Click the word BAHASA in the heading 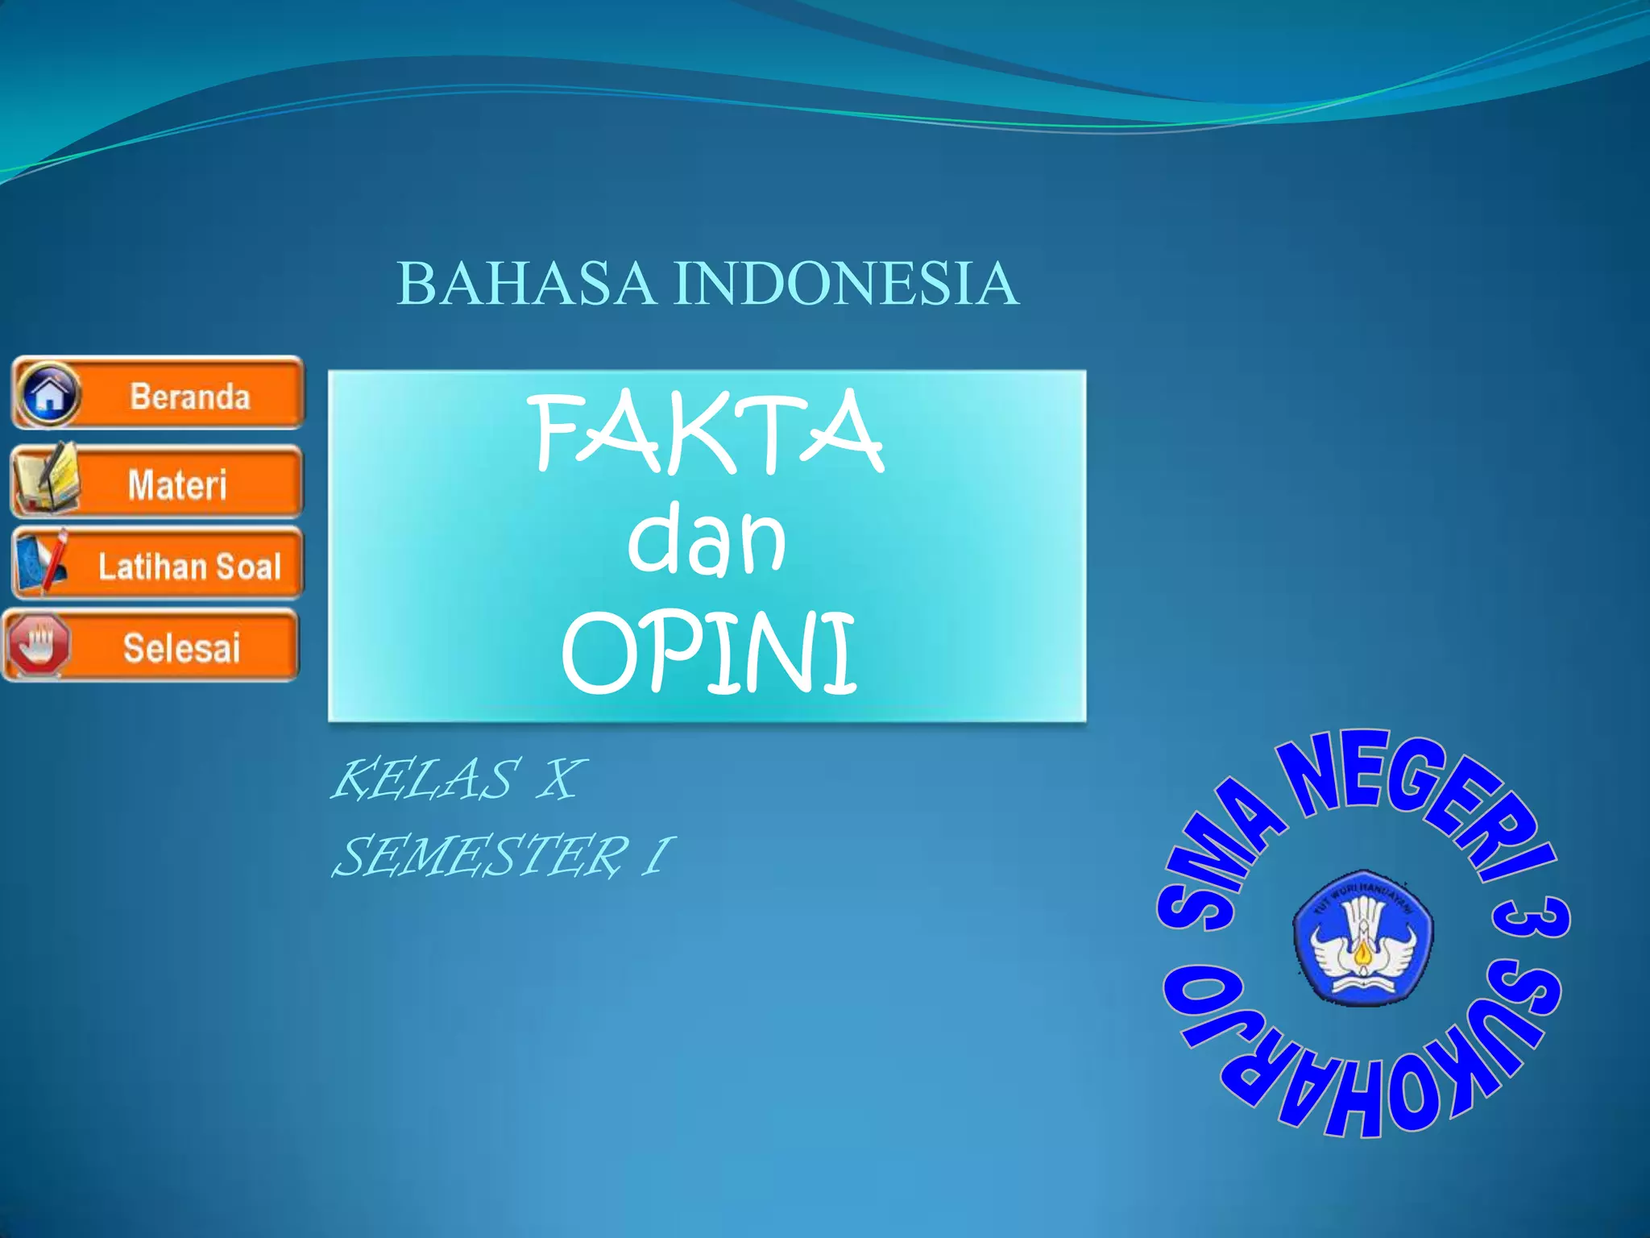525,284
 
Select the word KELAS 424,780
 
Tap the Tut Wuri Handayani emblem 1362,937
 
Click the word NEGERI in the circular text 1418,798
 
